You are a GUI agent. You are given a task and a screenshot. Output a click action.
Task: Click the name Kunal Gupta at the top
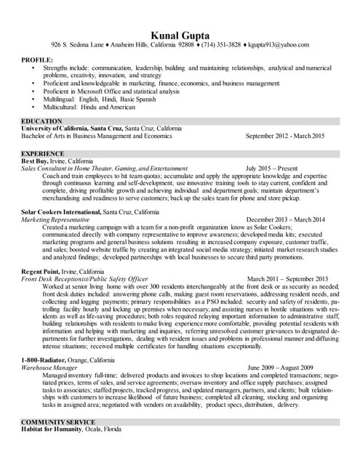tap(180, 35)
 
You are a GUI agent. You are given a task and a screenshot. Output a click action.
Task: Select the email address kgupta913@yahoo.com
tap(278, 45)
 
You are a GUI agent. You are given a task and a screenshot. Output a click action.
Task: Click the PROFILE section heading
tap(37, 60)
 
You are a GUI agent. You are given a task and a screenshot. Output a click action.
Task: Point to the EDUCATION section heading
tap(41, 121)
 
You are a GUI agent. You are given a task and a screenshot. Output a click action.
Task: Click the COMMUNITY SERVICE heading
tap(58, 422)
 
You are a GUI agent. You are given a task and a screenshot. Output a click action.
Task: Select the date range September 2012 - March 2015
tap(285, 136)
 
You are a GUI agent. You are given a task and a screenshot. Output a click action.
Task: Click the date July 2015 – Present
tap(271, 169)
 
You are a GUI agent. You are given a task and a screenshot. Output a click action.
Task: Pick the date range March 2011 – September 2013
tap(287, 278)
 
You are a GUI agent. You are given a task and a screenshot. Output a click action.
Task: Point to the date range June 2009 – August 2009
tap(280, 368)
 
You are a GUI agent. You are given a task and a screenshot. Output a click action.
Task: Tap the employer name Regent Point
tap(42, 270)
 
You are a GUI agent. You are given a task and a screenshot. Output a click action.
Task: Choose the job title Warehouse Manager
tap(50, 368)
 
